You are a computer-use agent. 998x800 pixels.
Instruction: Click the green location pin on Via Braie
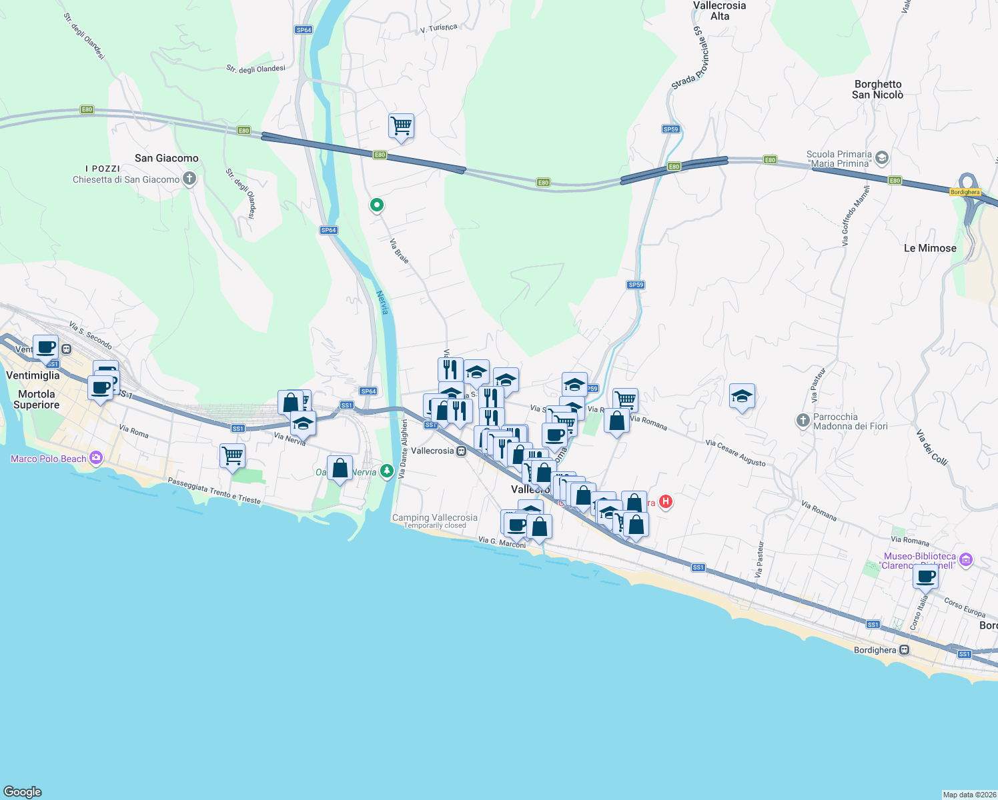(x=377, y=205)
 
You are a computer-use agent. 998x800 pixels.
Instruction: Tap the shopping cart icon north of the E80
(x=401, y=125)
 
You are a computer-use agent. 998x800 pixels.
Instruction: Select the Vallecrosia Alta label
(x=719, y=11)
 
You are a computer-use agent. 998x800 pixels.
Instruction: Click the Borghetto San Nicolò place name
(x=877, y=89)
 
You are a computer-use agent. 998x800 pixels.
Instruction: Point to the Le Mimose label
(x=929, y=248)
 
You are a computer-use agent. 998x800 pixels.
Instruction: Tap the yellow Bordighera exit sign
(x=965, y=192)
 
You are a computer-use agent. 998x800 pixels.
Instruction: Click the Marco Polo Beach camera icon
(x=96, y=457)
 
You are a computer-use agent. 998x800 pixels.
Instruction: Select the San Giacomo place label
(x=166, y=158)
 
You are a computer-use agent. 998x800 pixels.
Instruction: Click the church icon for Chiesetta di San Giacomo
(x=189, y=179)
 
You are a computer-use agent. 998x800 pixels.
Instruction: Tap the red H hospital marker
(x=665, y=501)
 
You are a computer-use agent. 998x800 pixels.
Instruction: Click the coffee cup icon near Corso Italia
(x=925, y=577)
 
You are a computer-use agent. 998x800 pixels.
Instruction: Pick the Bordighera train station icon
(x=904, y=650)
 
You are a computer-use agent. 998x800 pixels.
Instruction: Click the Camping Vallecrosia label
(x=434, y=517)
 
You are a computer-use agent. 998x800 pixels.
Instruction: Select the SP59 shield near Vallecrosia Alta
(x=670, y=129)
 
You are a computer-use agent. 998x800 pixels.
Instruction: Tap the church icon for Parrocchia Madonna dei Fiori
(x=803, y=421)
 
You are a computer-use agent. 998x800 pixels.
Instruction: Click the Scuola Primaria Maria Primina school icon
(x=882, y=158)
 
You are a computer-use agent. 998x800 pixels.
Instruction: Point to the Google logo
(x=23, y=791)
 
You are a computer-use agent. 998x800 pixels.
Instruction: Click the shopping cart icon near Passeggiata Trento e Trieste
(x=232, y=456)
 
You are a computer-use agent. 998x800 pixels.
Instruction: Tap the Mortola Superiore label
(x=37, y=399)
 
